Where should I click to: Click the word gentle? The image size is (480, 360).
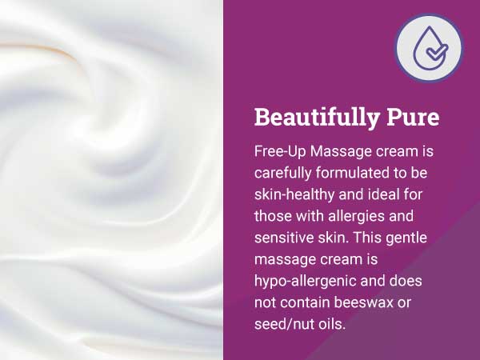click(412, 238)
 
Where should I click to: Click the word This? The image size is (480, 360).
click(367, 238)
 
